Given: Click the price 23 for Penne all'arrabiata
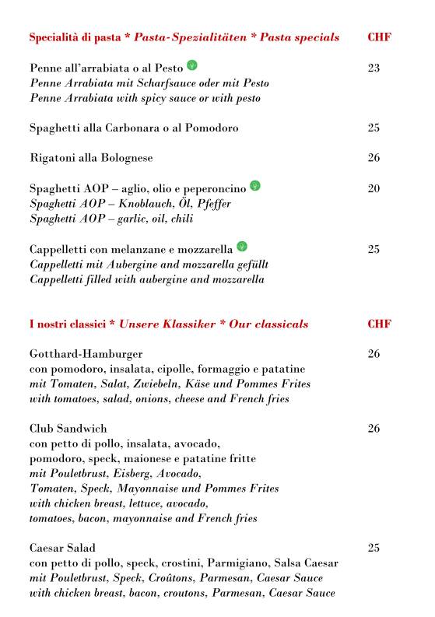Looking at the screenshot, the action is (x=374, y=68).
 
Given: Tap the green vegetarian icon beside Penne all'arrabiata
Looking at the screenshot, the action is (x=192, y=65).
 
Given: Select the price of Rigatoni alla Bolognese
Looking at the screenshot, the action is (x=374, y=158).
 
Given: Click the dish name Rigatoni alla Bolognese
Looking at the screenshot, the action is (x=91, y=158).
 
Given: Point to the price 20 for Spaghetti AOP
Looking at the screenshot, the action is (x=374, y=188).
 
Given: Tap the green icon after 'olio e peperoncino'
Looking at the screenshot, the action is (x=254, y=186).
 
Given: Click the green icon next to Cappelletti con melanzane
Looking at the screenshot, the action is (x=242, y=247).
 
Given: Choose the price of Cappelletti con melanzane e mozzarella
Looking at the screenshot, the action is (x=374, y=250).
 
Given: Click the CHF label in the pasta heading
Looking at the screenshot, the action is (x=379, y=37).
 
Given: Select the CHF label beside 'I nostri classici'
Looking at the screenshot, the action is (x=379, y=324).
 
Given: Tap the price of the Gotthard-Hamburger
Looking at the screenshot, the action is (x=374, y=354).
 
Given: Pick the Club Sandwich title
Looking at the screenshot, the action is (x=68, y=429).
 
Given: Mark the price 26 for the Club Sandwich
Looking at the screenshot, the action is (x=374, y=429).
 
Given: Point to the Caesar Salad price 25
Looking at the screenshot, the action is (x=374, y=548).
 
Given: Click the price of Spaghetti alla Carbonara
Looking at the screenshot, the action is (x=374, y=128).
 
